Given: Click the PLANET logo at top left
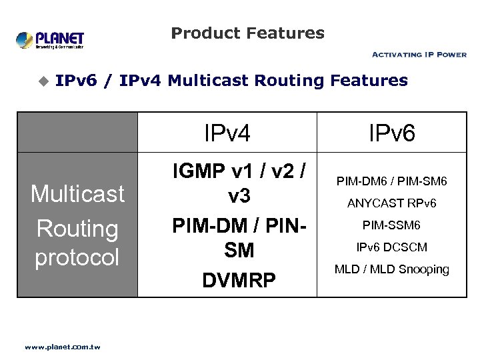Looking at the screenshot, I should (50, 39).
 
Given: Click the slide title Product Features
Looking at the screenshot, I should (247, 33).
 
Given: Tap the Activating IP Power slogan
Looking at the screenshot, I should (419, 55).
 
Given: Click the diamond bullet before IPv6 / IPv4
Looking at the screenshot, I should (43, 81).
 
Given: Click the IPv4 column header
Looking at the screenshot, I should (227, 133).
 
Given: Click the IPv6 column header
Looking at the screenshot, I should (392, 133).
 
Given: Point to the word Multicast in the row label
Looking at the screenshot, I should (77, 194).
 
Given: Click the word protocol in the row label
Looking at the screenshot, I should (77, 257).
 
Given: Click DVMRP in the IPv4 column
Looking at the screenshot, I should (239, 280).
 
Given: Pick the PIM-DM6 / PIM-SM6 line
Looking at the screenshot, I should (392, 181).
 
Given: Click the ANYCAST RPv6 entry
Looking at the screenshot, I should (392, 203).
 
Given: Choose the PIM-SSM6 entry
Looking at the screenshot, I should (392, 225).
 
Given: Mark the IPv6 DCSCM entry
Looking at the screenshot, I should (392, 247).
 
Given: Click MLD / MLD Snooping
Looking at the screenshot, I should (392, 269).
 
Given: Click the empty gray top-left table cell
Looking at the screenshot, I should (77, 133).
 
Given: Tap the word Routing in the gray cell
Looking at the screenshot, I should (77, 228).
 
